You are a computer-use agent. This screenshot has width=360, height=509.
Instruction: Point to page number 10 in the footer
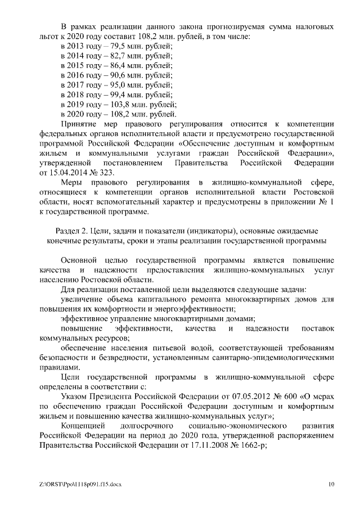coord(332,484)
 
